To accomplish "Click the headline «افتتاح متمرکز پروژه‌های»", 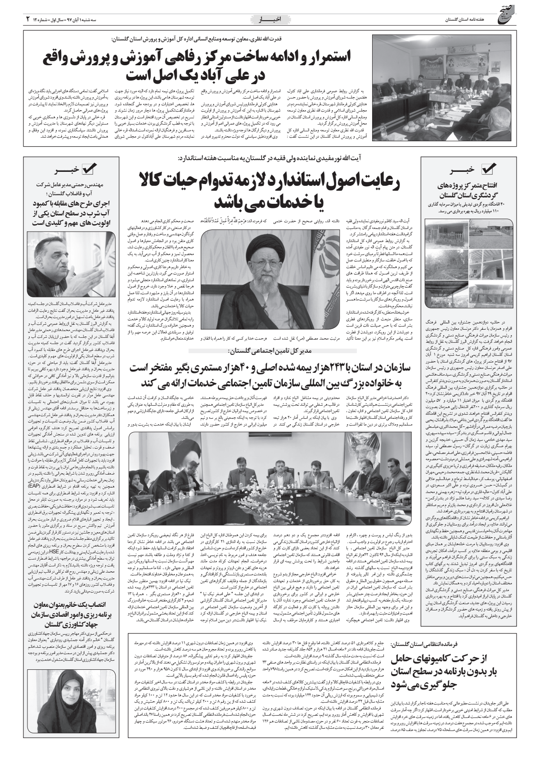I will tap(471, 186).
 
